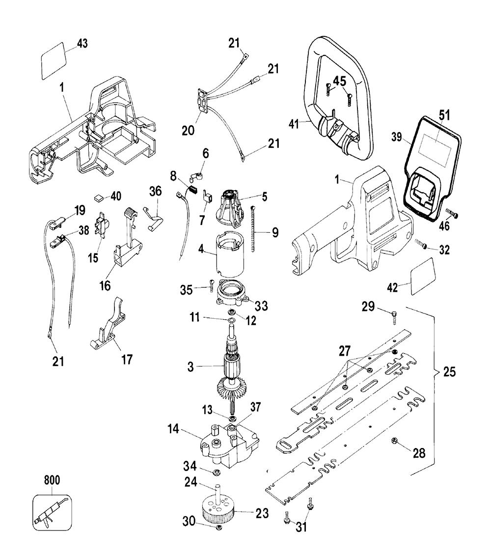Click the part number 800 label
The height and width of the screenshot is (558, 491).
coord(49,480)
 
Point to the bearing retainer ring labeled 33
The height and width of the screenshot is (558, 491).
coord(231,293)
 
